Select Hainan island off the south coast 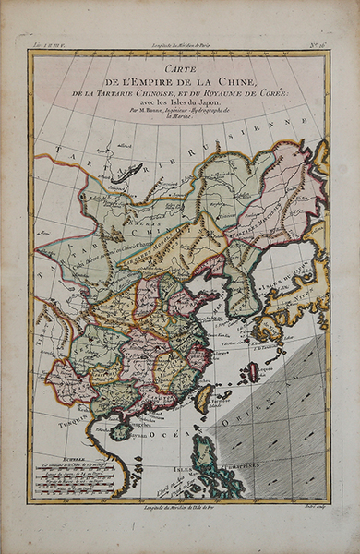(x=119, y=431)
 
